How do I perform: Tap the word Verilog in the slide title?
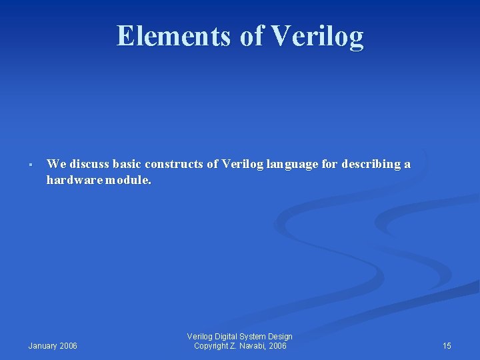click(x=317, y=37)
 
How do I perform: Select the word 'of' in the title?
click(x=252, y=36)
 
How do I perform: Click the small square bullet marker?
click(x=31, y=165)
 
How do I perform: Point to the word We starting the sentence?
click(x=56, y=164)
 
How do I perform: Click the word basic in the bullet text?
click(x=127, y=164)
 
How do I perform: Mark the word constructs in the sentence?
click(x=175, y=164)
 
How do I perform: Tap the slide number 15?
click(x=447, y=346)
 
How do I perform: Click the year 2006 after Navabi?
click(x=278, y=346)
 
